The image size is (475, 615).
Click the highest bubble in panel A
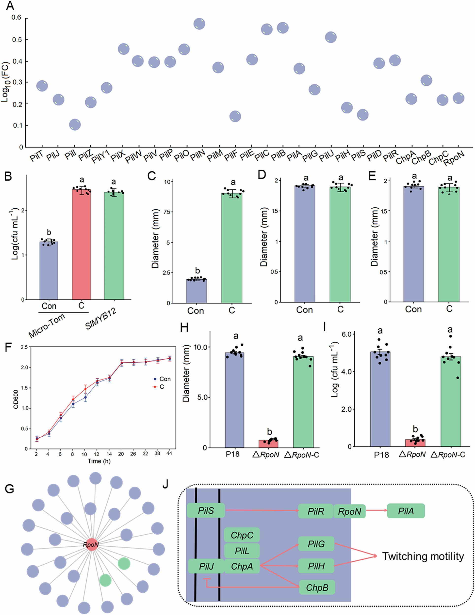199,24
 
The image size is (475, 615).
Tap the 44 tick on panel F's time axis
169,454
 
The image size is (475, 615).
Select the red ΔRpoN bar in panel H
268,444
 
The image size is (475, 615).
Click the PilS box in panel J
206,510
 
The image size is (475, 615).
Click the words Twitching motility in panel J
423,556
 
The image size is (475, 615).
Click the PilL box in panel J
242,551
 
